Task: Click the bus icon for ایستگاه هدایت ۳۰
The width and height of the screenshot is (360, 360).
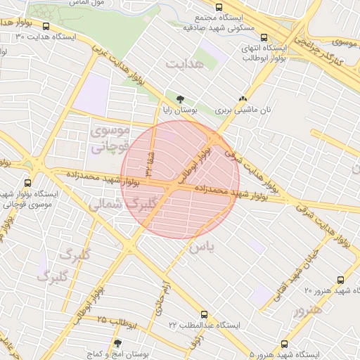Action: (46, 27)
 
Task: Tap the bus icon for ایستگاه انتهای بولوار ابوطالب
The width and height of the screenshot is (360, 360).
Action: (264, 38)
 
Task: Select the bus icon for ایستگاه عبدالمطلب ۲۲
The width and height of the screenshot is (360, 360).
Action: (205, 314)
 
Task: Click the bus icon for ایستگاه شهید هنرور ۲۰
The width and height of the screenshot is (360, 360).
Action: (341, 280)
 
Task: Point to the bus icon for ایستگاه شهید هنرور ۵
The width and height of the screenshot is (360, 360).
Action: (284, 344)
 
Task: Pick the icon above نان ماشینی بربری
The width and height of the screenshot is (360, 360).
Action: (243, 99)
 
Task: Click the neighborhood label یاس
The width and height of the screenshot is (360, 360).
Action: (200, 247)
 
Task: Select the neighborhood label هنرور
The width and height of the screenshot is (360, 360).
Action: (309, 309)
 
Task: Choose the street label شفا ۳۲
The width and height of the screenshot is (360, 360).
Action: (148, 162)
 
